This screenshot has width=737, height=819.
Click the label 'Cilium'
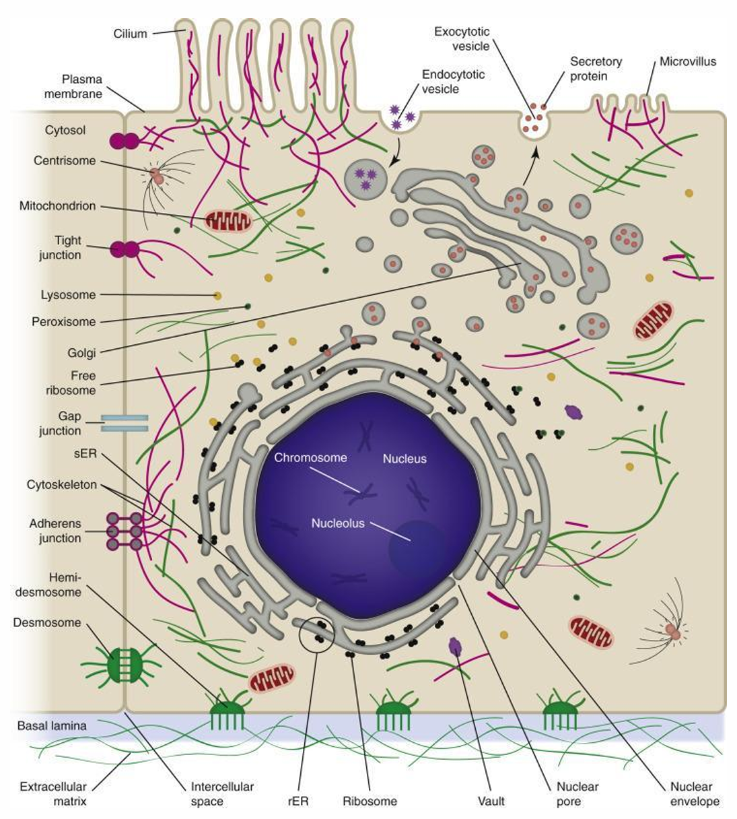pyautogui.click(x=130, y=33)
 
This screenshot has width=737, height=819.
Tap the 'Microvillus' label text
pyautogui.click(x=687, y=62)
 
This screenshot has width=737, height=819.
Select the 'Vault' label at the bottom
pyautogui.click(x=491, y=801)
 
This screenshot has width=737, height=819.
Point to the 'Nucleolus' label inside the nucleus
pyautogui.click(x=337, y=523)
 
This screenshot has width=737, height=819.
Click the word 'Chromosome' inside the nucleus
pyautogui.click(x=310, y=458)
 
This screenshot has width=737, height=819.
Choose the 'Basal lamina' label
pyautogui.click(x=52, y=726)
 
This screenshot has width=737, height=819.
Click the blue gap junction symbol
pyautogui.click(x=125, y=423)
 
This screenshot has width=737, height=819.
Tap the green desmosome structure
pyautogui.click(x=125, y=663)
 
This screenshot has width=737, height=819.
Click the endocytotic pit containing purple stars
pyautogui.click(x=401, y=117)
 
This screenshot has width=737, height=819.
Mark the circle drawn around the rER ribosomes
pyautogui.click(x=317, y=633)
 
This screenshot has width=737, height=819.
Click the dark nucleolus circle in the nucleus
pyautogui.click(x=417, y=549)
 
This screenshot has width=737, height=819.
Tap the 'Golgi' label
pyautogui.click(x=81, y=353)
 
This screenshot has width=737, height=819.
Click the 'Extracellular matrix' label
pyautogui.click(x=53, y=794)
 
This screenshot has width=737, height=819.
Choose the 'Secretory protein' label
pyautogui.click(x=596, y=69)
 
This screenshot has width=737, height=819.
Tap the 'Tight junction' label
pyautogui.click(x=61, y=248)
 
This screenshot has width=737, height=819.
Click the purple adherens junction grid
pyautogui.click(x=125, y=531)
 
